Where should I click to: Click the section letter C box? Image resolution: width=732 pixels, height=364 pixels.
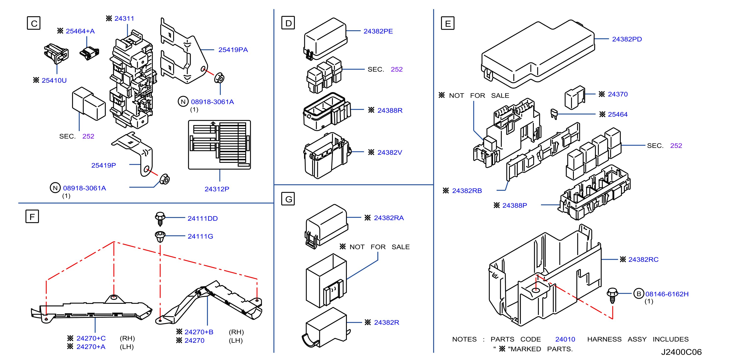coord(34,23)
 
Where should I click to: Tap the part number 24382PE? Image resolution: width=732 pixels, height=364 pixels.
coord(378,31)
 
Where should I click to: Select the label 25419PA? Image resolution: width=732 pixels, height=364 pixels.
coord(233,50)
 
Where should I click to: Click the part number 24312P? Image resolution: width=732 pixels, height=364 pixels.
coord(217,189)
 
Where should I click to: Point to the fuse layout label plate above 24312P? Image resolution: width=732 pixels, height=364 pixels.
coord(219,145)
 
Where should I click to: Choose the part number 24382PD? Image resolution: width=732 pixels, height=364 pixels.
coord(627,39)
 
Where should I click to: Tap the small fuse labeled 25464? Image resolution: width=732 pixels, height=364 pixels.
coord(554,114)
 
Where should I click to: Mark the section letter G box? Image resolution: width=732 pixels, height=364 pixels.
coord(288,199)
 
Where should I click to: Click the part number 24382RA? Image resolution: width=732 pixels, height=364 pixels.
coord(389,218)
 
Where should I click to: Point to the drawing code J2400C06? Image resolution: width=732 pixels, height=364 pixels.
coord(681,352)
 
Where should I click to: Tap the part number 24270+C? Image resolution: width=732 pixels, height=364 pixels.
coord(91,338)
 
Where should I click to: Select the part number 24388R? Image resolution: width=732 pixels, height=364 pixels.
coord(390,110)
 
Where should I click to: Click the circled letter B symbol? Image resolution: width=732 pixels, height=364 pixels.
coord(639,294)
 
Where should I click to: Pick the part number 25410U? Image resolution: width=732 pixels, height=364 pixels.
coord(54,80)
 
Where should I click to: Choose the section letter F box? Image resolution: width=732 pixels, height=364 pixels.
coord(32,216)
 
